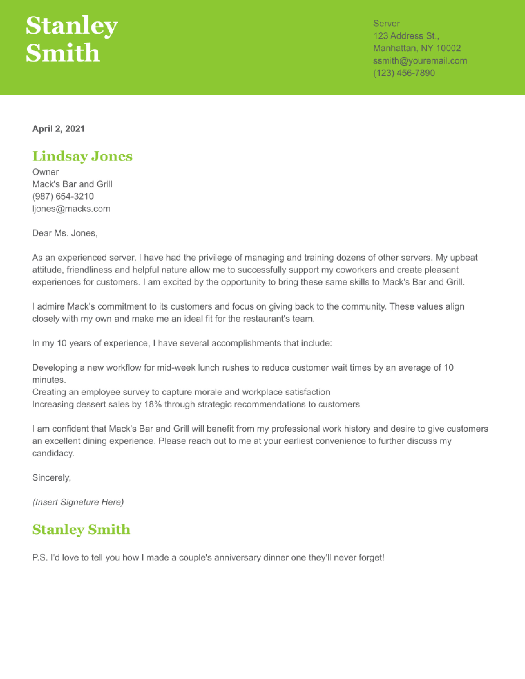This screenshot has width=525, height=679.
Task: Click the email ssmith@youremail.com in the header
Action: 420,61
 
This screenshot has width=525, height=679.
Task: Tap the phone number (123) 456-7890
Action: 404,73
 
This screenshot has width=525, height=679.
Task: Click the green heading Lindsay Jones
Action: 82,156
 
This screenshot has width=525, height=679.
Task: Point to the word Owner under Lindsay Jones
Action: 45,172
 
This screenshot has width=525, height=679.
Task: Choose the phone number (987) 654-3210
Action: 63,196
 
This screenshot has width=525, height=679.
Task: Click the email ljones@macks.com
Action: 71,209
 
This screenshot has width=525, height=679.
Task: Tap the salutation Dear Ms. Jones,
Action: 65,233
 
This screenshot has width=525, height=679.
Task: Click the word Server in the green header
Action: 386,23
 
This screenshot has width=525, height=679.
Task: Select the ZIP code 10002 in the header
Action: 448,48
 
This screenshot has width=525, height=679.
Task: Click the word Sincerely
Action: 51,478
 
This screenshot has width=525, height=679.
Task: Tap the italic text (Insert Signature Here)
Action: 78,502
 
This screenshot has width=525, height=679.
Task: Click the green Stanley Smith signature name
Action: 81,529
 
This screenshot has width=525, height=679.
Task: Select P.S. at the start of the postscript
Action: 40,557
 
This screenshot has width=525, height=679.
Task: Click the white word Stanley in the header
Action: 71,26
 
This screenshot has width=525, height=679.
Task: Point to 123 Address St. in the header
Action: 406,36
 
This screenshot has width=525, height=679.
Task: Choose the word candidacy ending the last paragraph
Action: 53,453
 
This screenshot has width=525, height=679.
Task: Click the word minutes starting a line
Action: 49,380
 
